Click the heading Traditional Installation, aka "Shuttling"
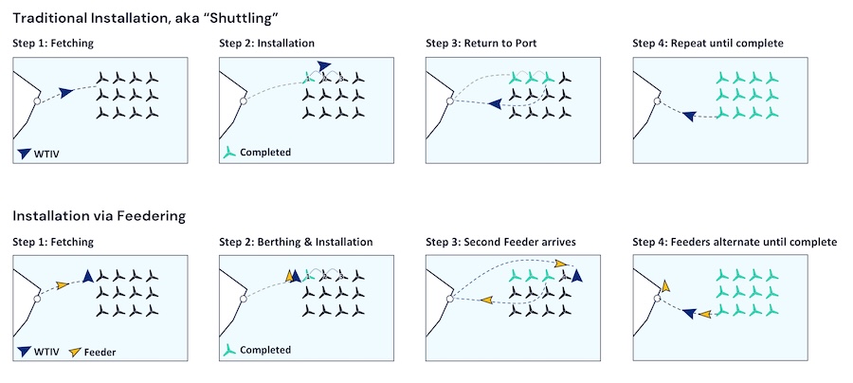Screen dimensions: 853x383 pos(145,18)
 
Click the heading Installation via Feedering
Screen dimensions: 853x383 pos(99,216)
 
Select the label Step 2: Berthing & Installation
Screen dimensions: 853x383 pos(296,242)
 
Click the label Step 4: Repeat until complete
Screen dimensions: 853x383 pos(708,44)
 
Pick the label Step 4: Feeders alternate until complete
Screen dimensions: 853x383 pos(735,242)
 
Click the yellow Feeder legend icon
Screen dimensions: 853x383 pos(75,352)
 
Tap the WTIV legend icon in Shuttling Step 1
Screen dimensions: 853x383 pos(24,154)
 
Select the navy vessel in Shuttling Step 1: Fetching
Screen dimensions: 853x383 pos(65,93)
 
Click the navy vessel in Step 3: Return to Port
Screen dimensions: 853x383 pos(495,102)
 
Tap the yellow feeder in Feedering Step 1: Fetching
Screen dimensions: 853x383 pos(63,284)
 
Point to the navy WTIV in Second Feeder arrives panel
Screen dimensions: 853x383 pos(576,276)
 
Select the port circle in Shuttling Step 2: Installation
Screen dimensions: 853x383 pos(244,100)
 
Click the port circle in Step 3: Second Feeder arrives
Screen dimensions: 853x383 pos(450,298)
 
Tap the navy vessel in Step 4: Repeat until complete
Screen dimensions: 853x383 pos(689,116)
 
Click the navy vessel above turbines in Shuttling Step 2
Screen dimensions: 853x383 pos(324,65)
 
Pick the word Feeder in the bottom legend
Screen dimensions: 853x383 pos(100,352)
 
